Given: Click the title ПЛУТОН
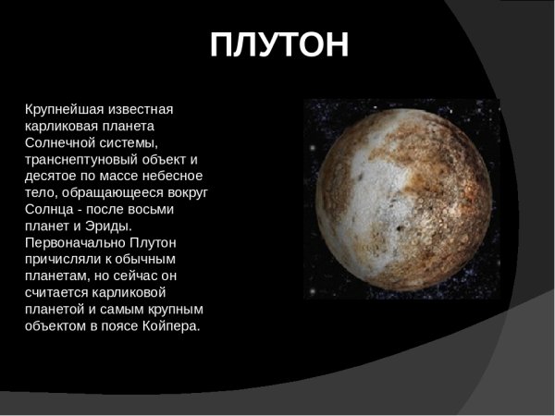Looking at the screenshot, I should (279, 45).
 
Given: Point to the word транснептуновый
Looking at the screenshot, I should (82, 158).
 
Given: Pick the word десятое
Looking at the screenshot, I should (53, 175).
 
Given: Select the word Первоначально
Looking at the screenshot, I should (71, 241).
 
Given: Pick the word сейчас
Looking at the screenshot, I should (153, 275).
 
